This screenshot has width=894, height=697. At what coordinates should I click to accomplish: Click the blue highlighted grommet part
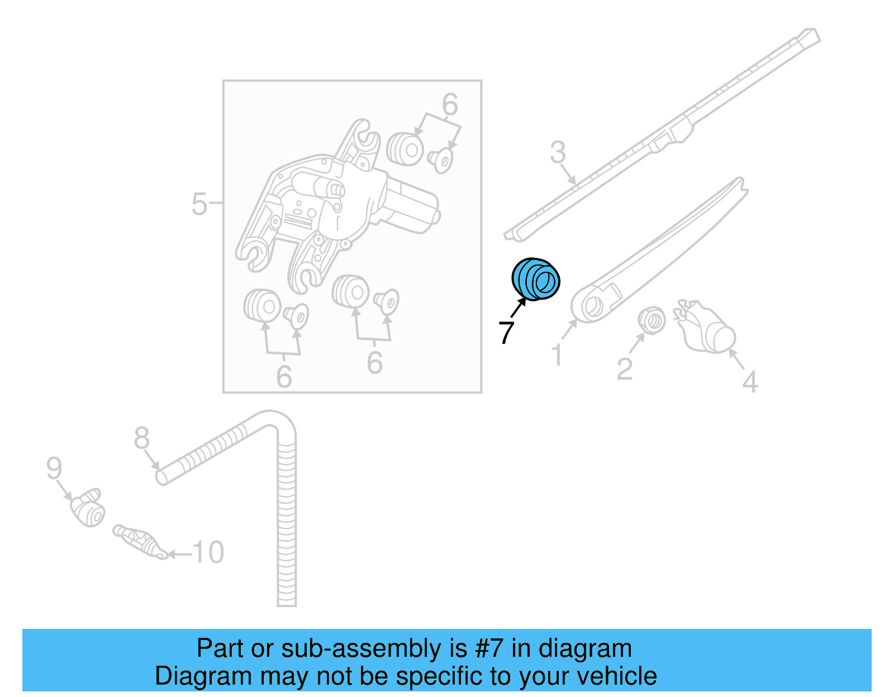536,279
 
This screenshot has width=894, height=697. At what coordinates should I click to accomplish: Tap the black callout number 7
506,333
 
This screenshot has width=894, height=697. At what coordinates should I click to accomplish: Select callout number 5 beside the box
199,204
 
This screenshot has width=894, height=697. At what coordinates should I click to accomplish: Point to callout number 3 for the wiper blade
558,152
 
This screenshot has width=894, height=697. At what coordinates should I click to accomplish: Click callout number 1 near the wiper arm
557,355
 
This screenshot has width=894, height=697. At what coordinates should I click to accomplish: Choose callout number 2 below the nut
625,369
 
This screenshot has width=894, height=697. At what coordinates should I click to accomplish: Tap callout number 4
750,382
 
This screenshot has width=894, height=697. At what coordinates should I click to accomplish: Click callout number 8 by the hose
142,438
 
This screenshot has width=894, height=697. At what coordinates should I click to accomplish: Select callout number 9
54,468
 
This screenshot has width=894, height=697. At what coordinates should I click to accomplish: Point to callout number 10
208,552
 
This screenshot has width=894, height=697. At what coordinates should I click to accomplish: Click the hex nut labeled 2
652,320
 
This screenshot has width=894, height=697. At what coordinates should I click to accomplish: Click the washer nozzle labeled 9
88,507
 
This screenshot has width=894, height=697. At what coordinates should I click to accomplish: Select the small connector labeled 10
140,540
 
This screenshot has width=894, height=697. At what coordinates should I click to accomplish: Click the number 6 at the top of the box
450,105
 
